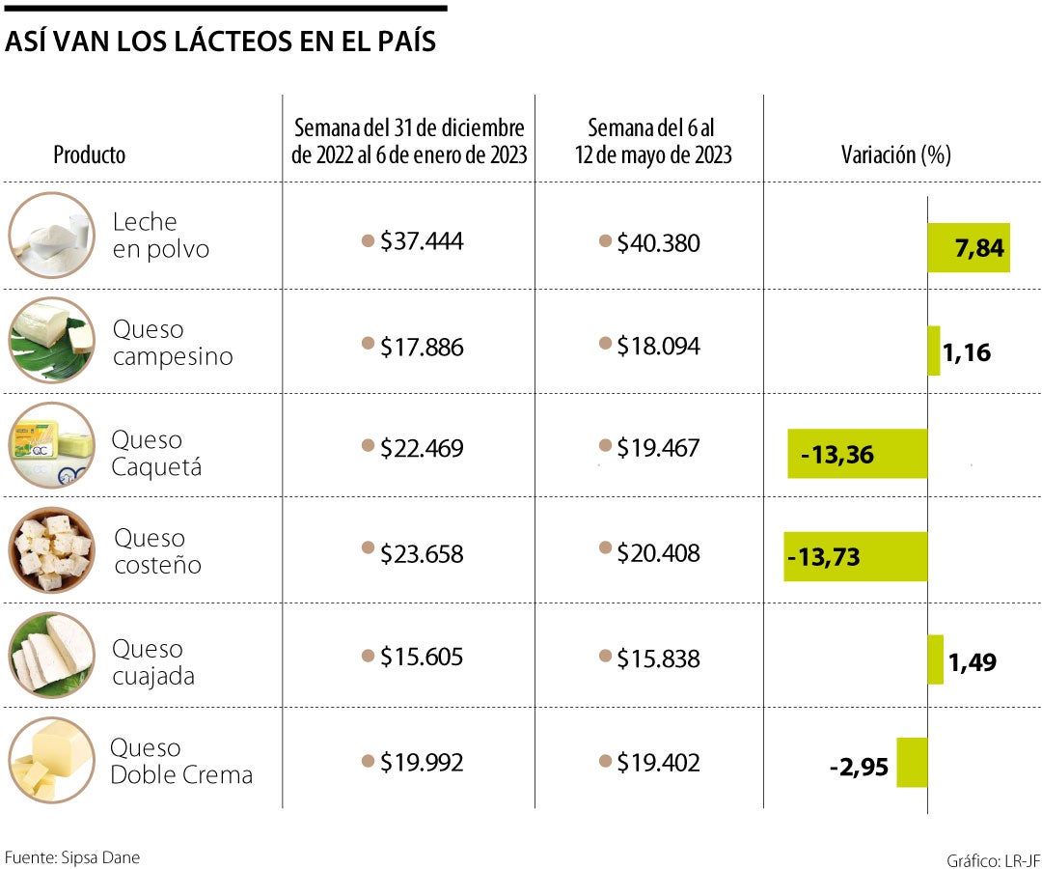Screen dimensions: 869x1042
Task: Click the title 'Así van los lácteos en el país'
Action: pyautogui.click(x=221, y=42)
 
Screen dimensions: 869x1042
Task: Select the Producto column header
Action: pyautogui.click(x=89, y=154)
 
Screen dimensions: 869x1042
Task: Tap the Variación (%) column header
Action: pyautogui.click(x=895, y=154)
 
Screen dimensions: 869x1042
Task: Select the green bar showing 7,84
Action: pyautogui.click(x=968, y=247)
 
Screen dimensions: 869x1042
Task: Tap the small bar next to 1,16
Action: pyautogui.click(x=934, y=350)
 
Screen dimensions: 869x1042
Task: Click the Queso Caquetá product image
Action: pyautogui.click(x=52, y=446)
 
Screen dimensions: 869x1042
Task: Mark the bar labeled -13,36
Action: pyautogui.click(x=857, y=454)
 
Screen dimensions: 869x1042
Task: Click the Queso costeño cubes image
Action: pyautogui.click(x=52, y=550)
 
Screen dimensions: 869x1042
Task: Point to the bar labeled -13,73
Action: pyautogui.click(x=855, y=556)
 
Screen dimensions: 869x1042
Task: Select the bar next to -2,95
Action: pyautogui.click(x=912, y=763)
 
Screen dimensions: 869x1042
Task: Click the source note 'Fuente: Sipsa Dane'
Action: pyautogui.click(x=66, y=856)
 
